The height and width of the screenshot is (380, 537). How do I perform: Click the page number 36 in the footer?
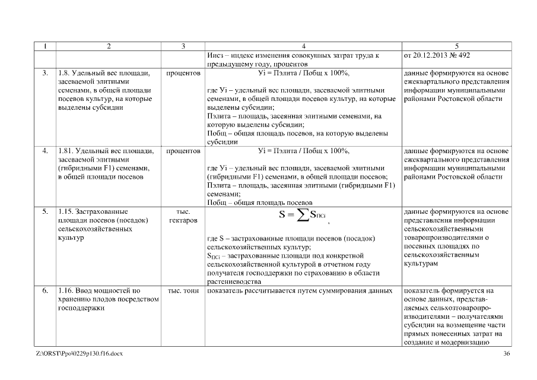[506, 354]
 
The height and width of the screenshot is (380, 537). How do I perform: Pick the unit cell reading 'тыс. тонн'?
[184, 291]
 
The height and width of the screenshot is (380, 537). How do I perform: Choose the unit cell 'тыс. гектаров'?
[184, 216]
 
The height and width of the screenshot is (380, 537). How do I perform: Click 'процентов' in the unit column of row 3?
[184, 74]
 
